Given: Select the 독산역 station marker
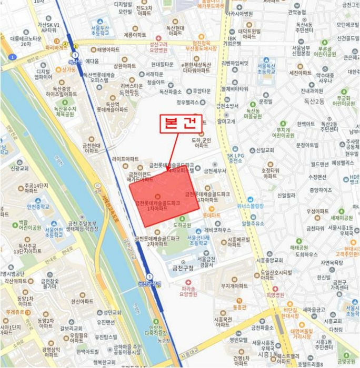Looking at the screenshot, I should coord(75,55).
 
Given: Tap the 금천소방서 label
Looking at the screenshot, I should coord(226,106).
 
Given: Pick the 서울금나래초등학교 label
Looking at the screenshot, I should coord(202,239).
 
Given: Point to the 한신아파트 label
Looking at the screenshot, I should coord(82,301).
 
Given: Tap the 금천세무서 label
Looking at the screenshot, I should coord(215,171).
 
